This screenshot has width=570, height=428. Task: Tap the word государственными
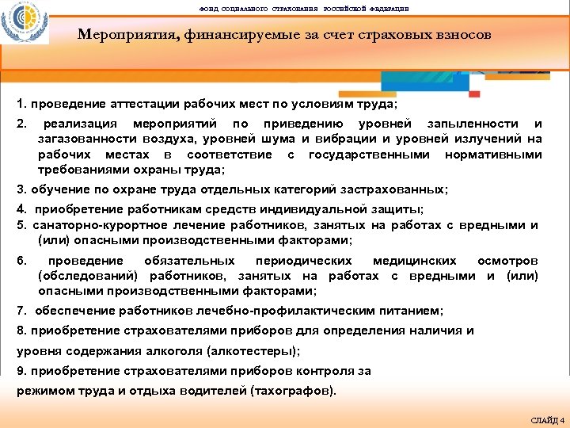tap(370, 154)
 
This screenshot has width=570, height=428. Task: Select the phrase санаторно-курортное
tap(85, 225)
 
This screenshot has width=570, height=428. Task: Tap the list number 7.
tap(21, 311)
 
